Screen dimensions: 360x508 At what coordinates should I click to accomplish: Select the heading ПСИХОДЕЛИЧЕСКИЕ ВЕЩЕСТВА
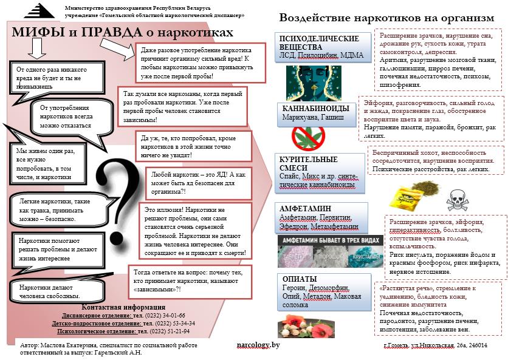coord(311,42)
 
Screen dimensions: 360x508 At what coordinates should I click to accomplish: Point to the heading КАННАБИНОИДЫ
coord(315,108)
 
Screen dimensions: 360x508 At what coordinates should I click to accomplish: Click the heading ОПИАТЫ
coord(300,279)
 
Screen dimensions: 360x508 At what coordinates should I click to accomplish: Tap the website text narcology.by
coord(258,345)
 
